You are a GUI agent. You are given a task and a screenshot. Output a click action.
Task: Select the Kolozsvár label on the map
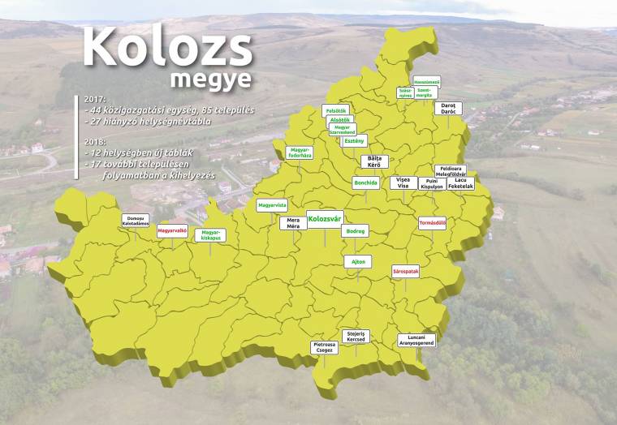(325, 217)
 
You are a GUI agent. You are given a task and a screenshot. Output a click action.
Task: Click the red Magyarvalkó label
(172, 230)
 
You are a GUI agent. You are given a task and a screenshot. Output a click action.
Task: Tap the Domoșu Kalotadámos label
(136, 219)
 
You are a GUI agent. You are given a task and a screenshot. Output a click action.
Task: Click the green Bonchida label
(365, 182)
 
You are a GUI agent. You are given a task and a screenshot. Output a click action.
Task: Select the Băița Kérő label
(374, 161)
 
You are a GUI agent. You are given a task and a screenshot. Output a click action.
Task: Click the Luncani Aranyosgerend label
(416, 341)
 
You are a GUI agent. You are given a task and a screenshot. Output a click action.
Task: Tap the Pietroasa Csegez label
(325, 347)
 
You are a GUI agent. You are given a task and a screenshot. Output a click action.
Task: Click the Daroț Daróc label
(448, 107)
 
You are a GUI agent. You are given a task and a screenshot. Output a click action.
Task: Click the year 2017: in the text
(95, 100)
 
